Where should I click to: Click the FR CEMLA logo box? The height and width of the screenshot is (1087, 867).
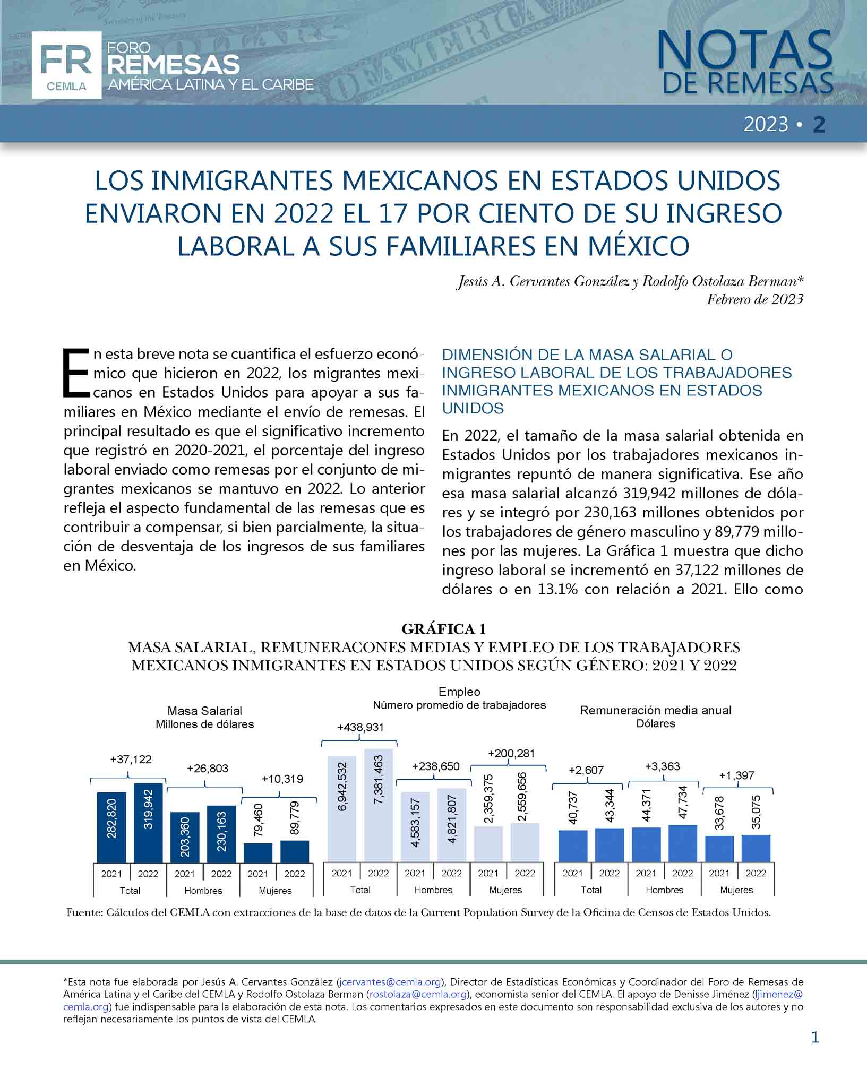point(66,65)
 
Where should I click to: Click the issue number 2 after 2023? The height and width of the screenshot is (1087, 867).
point(819,125)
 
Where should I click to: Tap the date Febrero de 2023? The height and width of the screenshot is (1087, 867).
point(754,299)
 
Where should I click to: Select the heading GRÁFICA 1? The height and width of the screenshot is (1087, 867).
point(443,629)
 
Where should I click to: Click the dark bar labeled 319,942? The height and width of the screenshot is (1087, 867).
point(148,822)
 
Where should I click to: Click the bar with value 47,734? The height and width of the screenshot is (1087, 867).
point(683,843)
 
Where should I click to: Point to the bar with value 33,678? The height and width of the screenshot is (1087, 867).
point(719,849)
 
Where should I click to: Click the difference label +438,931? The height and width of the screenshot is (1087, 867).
point(360,728)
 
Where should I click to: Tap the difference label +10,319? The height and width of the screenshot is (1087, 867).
point(282,779)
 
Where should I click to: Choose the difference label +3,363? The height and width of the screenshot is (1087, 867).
point(662,766)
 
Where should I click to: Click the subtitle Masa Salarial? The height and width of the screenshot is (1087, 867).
point(204,711)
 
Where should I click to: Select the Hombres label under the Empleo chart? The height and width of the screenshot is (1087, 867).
point(433,890)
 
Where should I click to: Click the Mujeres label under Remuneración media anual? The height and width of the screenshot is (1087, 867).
point(736,890)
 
